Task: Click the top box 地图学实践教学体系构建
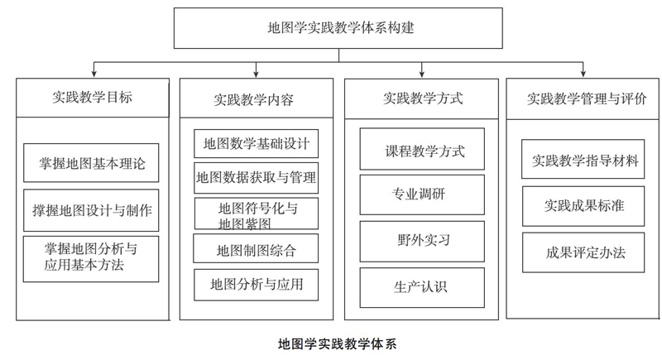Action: coord(338,28)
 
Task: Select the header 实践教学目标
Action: coord(93,98)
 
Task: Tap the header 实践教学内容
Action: coord(257,98)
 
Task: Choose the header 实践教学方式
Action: coord(421,98)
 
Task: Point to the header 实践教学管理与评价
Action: coord(583,98)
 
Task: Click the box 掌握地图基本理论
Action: coord(91,163)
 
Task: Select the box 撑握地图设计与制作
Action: coord(91,210)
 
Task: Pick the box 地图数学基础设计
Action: coord(257,143)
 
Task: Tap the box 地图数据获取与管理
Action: coord(257,178)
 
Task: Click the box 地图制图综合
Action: coord(256,248)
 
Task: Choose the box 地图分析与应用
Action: coord(257,285)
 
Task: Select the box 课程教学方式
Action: coord(422,149)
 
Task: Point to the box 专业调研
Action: coord(422,195)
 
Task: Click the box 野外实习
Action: coord(422,242)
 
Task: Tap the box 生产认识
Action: coord(422,287)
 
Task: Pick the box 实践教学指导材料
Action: coord(583,159)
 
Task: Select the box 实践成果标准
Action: coord(583,206)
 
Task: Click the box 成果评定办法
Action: coord(583,252)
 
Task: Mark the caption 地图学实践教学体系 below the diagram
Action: coord(338,344)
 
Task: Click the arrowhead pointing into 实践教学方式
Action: coord(422,74)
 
